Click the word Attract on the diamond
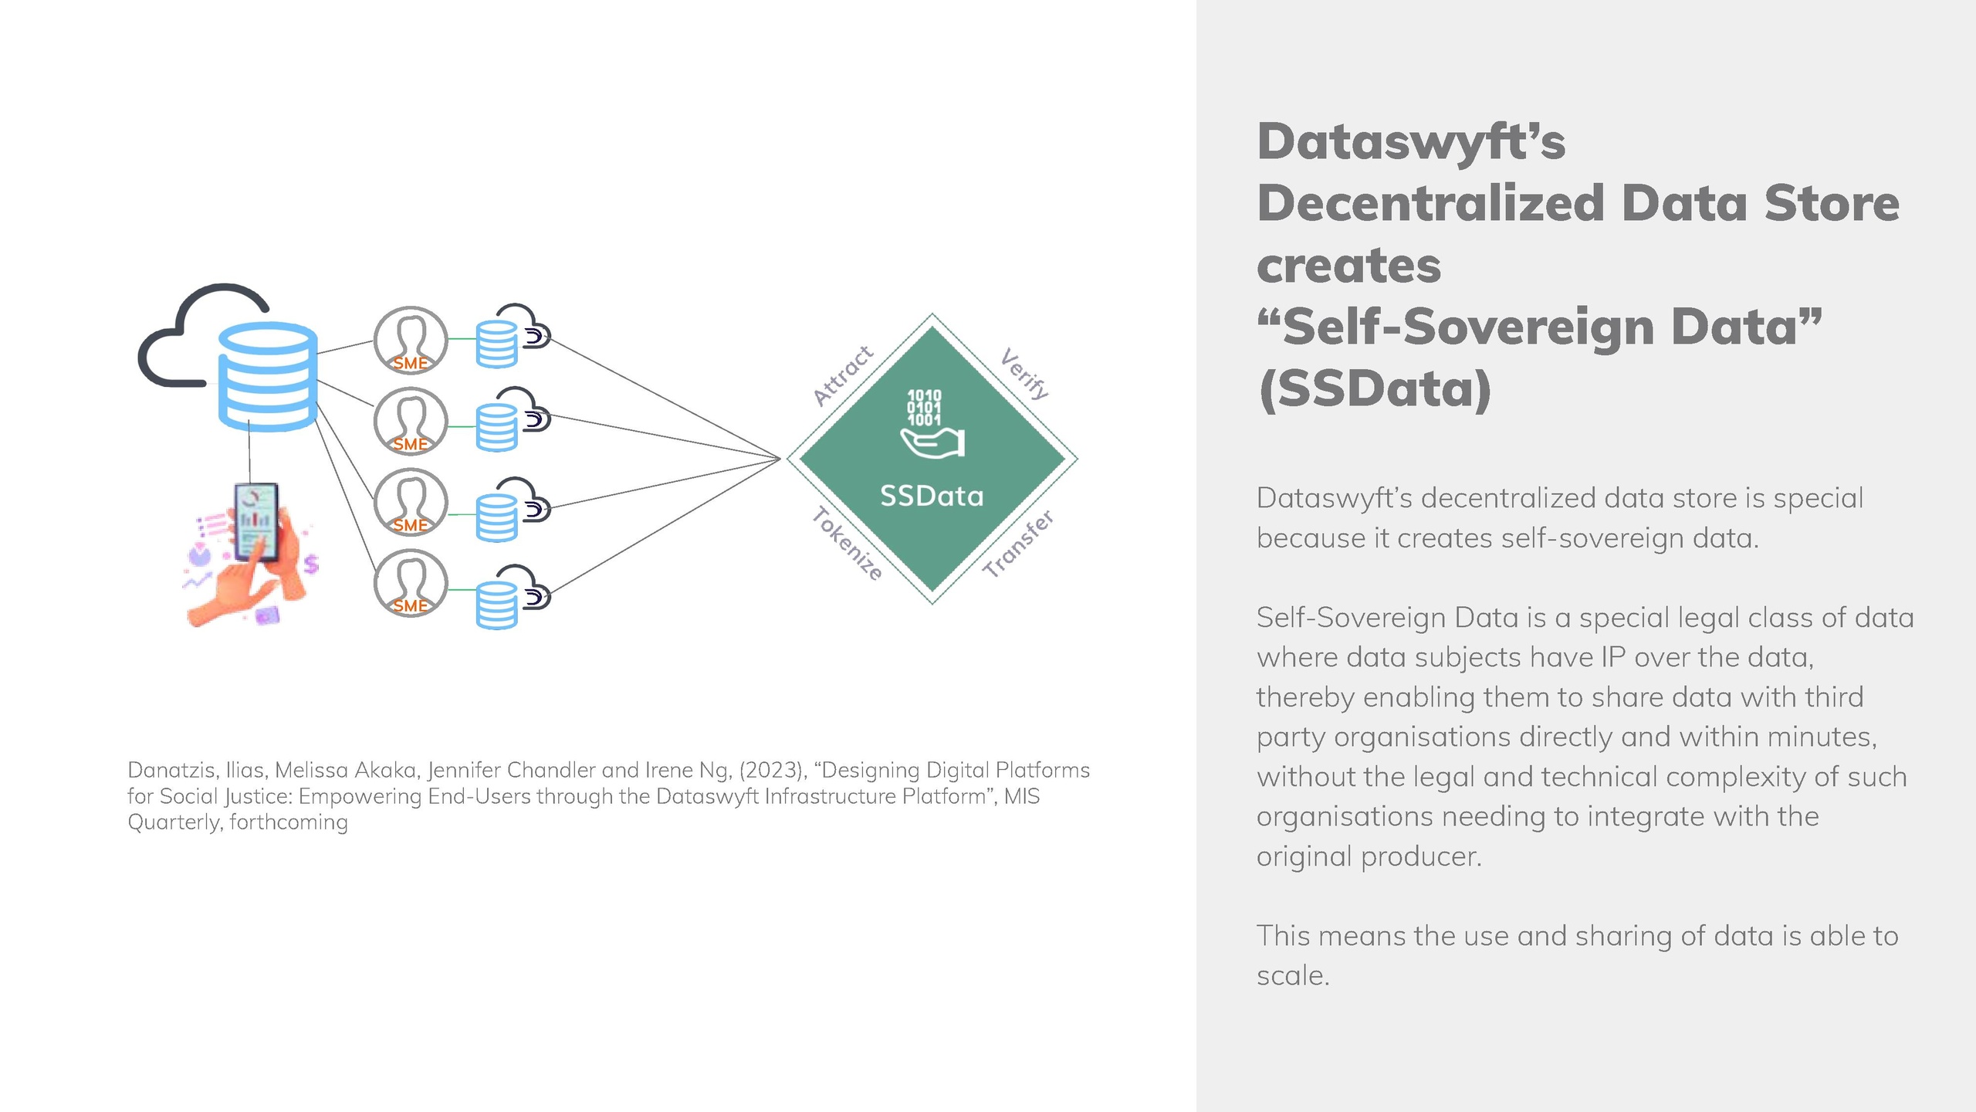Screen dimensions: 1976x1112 tap(844, 376)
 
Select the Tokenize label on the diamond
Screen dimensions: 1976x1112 tap(847, 544)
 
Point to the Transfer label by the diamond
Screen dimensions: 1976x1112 tap(1018, 544)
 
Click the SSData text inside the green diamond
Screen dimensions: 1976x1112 tap(932, 496)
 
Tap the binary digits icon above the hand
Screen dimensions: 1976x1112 tap(924, 408)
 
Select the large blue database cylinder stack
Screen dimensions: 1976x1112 tap(268, 376)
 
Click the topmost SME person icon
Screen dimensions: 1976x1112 tap(411, 340)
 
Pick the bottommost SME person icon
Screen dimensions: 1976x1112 tap(411, 583)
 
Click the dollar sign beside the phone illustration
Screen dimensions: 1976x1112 tap(311, 564)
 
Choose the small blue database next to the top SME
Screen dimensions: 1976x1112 tap(496, 344)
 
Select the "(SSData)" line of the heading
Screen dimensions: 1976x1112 tap(1375, 388)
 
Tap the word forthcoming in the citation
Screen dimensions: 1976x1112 tap(289, 822)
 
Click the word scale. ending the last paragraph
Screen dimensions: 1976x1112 tap(1293, 975)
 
